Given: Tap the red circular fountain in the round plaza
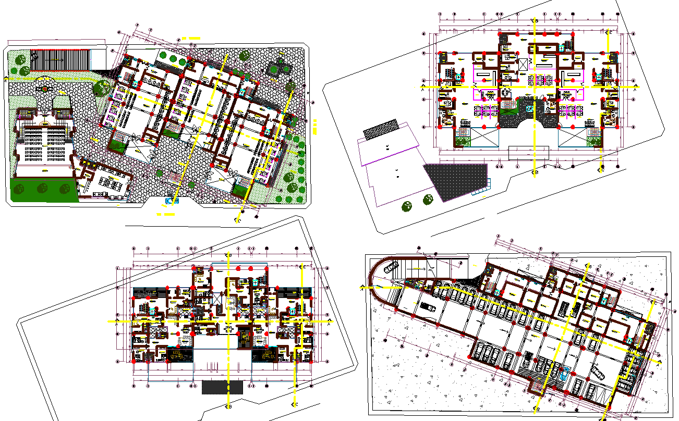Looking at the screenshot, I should click(45, 89).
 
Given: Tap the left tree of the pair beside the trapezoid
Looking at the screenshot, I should click(407, 207).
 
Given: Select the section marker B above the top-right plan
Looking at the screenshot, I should click(536, 20).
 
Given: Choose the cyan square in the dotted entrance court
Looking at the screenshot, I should click(530, 108).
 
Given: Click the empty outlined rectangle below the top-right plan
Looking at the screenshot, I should click(529, 153).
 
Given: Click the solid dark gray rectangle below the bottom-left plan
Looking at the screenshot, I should click(222, 387).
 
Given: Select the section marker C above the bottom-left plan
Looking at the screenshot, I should click(302, 266).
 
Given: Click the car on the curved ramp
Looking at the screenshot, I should click(390, 268).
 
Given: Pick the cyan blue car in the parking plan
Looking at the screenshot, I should click(567, 373).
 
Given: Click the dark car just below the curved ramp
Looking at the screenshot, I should click(428, 306).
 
